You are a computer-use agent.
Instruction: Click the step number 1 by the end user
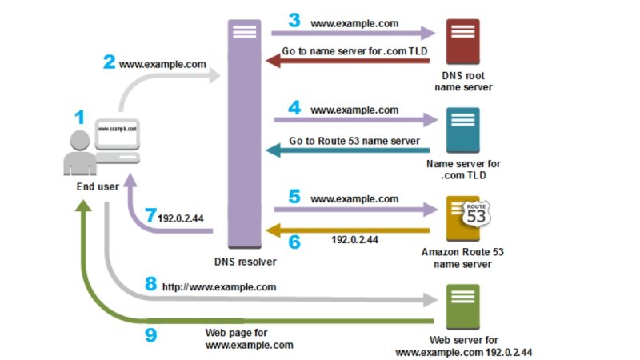click(79, 117)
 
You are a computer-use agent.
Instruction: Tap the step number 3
click(294, 20)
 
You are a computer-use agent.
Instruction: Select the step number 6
click(294, 240)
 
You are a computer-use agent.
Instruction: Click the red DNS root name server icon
click(463, 41)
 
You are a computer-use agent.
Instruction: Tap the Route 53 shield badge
click(475, 214)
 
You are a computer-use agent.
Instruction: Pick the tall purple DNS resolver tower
click(246, 132)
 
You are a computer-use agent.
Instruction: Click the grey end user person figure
click(80, 154)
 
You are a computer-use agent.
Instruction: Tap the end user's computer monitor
click(117, 132)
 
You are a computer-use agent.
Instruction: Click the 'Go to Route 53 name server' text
click(354, 141)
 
